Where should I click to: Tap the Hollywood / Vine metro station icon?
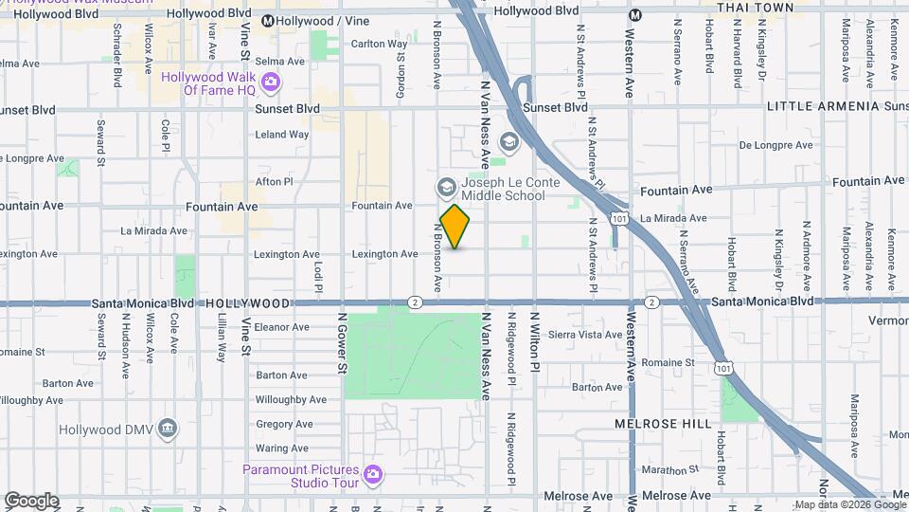click(268, 21)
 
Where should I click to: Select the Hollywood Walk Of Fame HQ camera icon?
click(270, 82)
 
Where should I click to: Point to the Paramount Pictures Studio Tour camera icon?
click(373, 473)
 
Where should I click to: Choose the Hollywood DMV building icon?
click(168, 429)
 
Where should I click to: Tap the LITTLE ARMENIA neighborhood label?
click(823, 106)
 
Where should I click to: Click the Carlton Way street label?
click(379, 44)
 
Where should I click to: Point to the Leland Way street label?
click(282, 135)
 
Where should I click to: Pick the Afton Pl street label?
click(275, 181)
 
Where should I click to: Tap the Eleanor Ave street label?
click(282, 327)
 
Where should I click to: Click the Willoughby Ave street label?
click(291, 400)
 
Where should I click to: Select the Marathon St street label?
click(669, 469)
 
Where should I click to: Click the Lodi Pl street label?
click(318, 275)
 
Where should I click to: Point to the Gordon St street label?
click(401, 71)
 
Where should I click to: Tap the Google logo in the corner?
click(31, 501)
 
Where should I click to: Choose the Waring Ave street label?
click(282, 448)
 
